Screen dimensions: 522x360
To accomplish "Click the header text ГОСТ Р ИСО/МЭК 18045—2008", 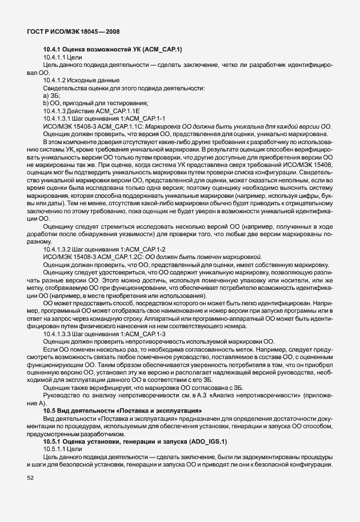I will (x=73, y=32).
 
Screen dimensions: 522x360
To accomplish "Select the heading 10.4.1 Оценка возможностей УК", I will (x=112, y=50).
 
